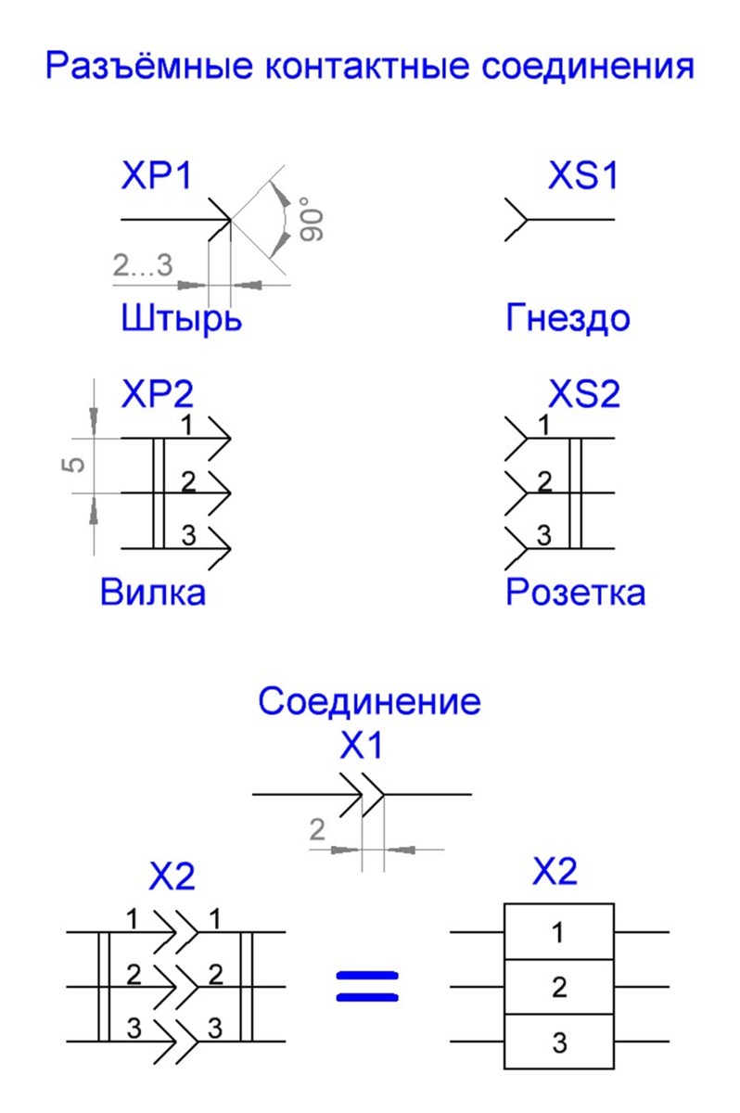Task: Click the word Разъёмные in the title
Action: click(x=149, y=65)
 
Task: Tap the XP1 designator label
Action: click(x=157, y=175)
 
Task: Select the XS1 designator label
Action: click(x=583, y=175)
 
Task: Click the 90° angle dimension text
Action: click(x=312, y=220)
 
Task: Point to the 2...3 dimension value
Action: click(x=143, y=264)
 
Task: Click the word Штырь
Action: click(x=181, y=318)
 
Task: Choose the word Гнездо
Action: click(x=568, y=318)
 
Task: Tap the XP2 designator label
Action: click(x=157, y=393)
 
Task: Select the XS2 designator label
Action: click(x=584, y=393)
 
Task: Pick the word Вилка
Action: click(x=153, y=592)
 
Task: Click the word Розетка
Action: click(x=576, y=592)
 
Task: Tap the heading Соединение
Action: click(x=369, y=701)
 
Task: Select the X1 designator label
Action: click(x=361, y=746)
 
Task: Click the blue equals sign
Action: click(x=367, y=986)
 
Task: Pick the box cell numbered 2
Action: click(x=559, y=987)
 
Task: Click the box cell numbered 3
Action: click(x=559, y=1042)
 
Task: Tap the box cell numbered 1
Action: click(x=559, y=931)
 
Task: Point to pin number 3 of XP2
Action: click(x=189, y=535)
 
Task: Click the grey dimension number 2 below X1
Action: click(x=317, y=829)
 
